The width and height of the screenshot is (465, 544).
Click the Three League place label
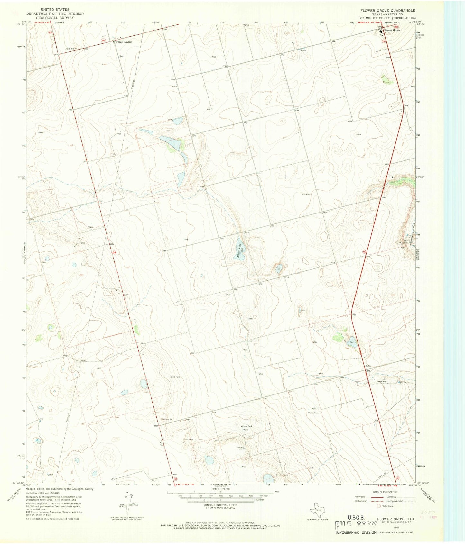point(124,42)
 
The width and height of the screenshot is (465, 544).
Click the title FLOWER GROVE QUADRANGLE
point(387,11)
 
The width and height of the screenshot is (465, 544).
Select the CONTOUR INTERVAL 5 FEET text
point(220,505)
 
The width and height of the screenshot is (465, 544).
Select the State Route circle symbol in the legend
point(379,506)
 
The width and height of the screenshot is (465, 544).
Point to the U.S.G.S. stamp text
point(356,517)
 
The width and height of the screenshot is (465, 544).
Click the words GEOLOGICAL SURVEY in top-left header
point(55,18)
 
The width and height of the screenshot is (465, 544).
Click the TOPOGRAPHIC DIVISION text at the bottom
point(355,532)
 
